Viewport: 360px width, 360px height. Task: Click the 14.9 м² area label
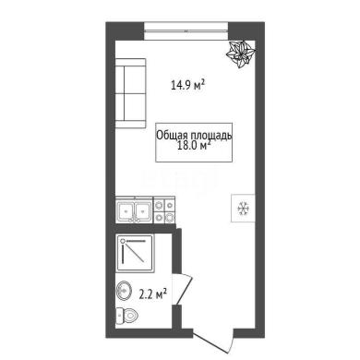[187, 85]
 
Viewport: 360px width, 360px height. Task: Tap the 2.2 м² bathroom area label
[153, 294]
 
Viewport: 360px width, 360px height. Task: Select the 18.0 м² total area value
[194, 146]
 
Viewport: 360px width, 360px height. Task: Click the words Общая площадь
[194, 135]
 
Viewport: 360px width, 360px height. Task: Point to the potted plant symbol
[241, 54]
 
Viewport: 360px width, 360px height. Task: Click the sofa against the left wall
[130, 93]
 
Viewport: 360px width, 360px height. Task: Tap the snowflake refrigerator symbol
[243, 209]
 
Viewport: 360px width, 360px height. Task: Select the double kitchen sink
[134, 210]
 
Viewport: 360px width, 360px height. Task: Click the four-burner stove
[164, 210]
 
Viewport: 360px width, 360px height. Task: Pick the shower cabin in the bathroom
[136, 253]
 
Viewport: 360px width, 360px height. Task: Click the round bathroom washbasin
[124, 290]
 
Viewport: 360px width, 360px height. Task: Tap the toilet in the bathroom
[126, 316]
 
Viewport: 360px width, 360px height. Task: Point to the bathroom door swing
[182, 289]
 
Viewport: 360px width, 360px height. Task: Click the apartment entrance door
[213, 341]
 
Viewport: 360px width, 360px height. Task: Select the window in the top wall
[186, 31]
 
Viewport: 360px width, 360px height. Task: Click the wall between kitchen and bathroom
[144, 228]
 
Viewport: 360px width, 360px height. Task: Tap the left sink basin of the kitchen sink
[126, 210]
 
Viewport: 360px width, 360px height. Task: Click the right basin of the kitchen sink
[142, 210]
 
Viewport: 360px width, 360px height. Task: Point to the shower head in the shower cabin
[123, 241]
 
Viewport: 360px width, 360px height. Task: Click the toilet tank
[118, 316]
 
